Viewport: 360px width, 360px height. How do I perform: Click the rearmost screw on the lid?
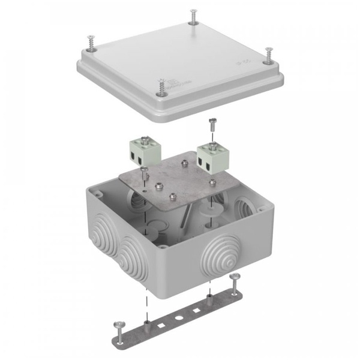point(193,17)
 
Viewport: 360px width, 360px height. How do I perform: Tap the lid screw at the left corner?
point(90,43)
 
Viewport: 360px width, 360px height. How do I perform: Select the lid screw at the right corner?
point(267,56)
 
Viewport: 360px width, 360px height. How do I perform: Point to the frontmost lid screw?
point(160,86)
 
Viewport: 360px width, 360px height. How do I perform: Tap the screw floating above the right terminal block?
point(211,125)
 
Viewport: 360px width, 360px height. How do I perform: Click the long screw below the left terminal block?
point(145,178)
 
